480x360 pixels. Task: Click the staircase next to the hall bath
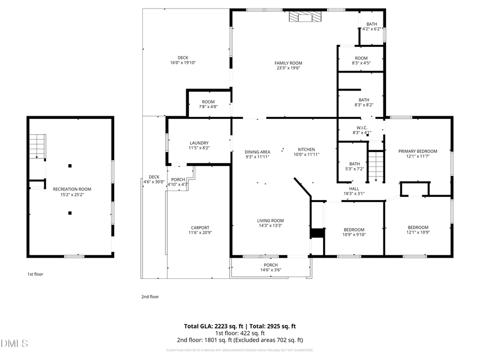377,166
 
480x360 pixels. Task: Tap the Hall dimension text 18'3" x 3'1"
354,195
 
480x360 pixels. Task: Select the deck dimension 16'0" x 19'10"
183,62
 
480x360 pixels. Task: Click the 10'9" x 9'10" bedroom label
354,234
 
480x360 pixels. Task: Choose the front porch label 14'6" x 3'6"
270,270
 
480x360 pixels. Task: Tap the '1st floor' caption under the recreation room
35,274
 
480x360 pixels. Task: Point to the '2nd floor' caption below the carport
150,297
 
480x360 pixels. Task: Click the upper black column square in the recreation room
70,166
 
